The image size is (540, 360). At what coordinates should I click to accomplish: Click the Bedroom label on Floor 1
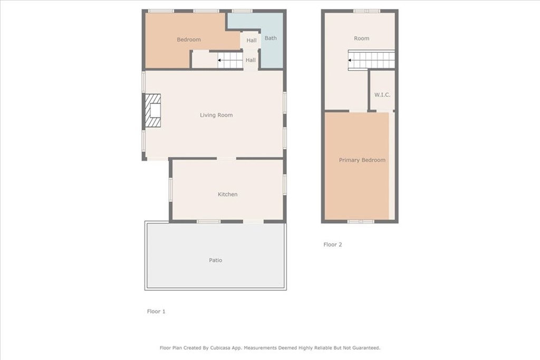pos(189,40)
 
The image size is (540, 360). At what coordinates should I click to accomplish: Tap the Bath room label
pos(271,38)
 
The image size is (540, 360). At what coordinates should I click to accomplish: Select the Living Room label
pos(216,115)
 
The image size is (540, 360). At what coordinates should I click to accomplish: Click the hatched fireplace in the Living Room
pos(152,111)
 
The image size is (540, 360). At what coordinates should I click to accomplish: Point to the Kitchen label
pos(228,194)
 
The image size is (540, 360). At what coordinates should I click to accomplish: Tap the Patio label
pos(216,260)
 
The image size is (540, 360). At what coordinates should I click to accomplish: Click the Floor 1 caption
pos(156,312)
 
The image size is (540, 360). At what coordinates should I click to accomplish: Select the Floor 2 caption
pos(333,245)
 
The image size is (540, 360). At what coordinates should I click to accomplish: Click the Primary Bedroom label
pos(362,160)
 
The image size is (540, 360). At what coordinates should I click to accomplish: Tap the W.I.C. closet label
pos(382,95)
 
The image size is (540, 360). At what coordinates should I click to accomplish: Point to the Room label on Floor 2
pos(362,38)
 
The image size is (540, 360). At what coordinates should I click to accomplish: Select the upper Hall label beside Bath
pos(252,40)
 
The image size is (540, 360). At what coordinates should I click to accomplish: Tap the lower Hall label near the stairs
pos(250,60)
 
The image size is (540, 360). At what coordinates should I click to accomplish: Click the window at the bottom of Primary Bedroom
pos(361,222)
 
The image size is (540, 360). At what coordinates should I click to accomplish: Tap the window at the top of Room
pos(367,11)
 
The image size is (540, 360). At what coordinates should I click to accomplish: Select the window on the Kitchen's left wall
pos(170,189)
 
